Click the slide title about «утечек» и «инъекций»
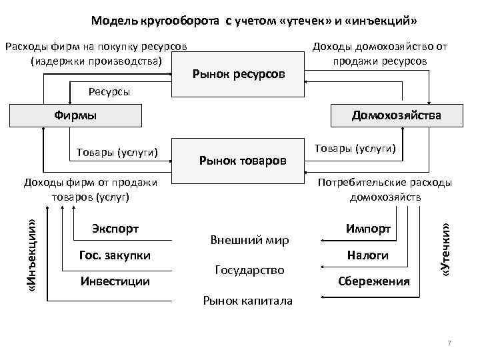click(254, 21)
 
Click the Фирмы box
click(75, 115)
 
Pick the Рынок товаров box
click(242, 160)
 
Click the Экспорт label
click(115, 229)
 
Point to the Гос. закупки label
click(115, 255)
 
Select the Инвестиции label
click(115, 281)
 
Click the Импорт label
click(367, 229)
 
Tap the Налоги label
click(367, 255)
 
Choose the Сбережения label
click(373, 281)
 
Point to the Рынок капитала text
click(247, 301)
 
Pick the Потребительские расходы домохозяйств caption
click(385, 189)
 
